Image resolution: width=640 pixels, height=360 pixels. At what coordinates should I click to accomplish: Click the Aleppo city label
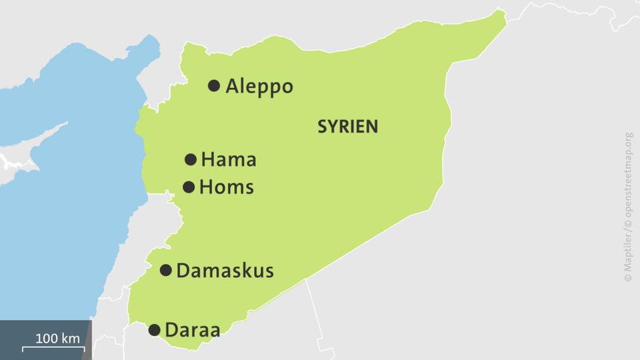coord(259,87)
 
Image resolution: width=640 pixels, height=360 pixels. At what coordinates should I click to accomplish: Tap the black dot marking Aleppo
coord(214,85)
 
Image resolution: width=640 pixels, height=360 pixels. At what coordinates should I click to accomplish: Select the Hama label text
coord(229,160)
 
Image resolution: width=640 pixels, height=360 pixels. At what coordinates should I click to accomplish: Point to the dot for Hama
coord(190,159)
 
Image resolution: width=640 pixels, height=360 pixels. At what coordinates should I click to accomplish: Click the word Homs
coord(227,187)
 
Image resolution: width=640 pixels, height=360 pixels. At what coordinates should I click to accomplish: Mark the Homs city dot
coord(189,187)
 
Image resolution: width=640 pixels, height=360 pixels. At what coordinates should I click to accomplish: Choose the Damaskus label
coord(225,271)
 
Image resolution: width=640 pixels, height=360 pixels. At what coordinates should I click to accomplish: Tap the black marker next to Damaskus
coord(165,270)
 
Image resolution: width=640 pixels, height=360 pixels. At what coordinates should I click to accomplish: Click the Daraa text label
coord(192,330)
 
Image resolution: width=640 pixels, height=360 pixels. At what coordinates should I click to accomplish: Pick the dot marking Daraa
coord(154,329)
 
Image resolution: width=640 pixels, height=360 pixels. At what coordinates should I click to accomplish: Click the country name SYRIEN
coord(347,127)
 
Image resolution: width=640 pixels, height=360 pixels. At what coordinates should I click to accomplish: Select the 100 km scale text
coord(57,338)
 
